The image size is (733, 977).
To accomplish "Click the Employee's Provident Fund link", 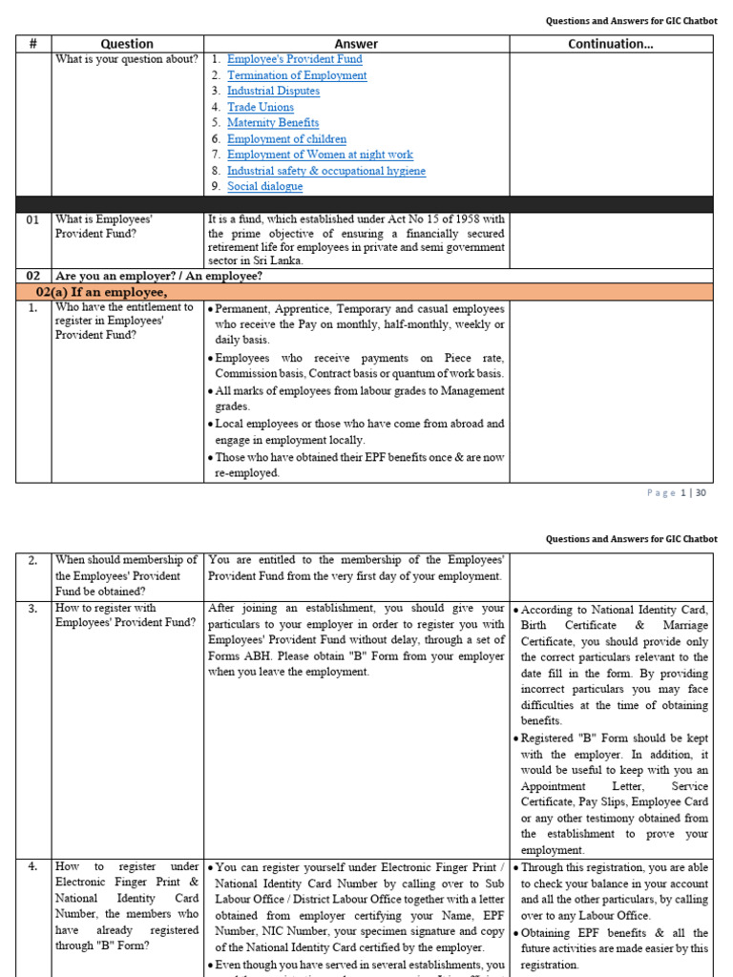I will (x=294, y=59).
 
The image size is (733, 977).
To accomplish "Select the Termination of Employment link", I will (x=296, y=75).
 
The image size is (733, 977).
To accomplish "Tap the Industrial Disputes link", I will (x=273, y=91).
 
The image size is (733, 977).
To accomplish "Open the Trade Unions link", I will (x=260, y=107).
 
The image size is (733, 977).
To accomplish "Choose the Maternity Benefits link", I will (x=273, y=123).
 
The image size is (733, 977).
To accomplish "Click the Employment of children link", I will (x=286, y=138).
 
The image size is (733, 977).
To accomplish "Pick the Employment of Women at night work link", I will (x=320, y=155).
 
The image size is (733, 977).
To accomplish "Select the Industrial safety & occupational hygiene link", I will (x=325, y=171).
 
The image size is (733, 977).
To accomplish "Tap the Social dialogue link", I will (x=264, y=186).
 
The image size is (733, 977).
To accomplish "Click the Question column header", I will (x=127, y=44).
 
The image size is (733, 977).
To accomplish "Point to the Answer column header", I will (x=356, y=44).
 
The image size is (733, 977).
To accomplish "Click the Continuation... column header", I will (x=611, y=44).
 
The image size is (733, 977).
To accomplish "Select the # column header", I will (x=32, y=44).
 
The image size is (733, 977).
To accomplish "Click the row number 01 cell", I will (x=32, y=219).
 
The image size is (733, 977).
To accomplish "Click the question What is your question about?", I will (x=127, y=59).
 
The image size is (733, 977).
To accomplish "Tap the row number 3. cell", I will (x=32, y=608).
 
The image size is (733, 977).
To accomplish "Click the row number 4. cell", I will (x=32, y=866).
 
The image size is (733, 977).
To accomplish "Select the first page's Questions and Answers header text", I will (x=631, y=21).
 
